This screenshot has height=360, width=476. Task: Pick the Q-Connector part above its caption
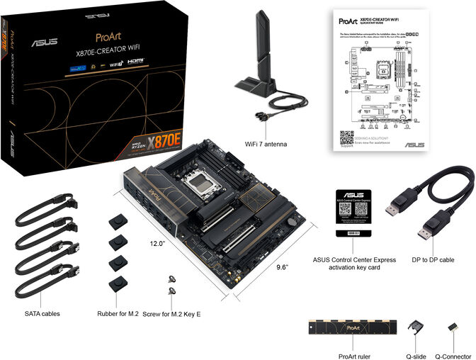point(451,328)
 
